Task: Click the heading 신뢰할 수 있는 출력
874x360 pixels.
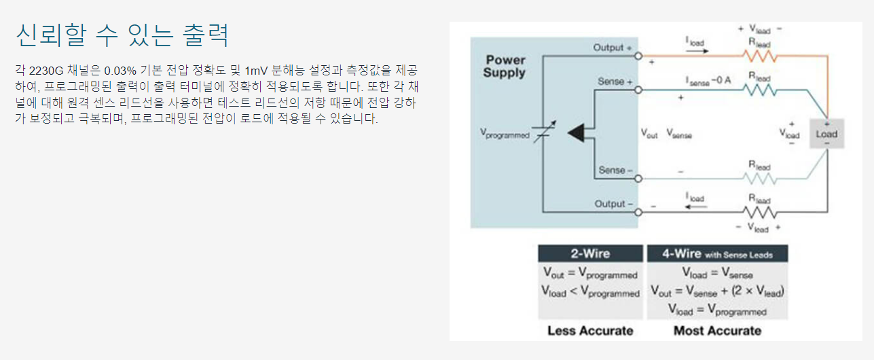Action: tap(122, 35)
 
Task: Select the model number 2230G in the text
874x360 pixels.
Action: tap(46, 71)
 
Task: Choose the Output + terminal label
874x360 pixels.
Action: tap(613, 48)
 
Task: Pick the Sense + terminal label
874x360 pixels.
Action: tap(615, 82)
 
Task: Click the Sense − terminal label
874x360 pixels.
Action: tap(615, 170)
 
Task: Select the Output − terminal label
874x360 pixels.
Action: tap(613, 204)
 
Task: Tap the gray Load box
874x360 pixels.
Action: tap(826, 134)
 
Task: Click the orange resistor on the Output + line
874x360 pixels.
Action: tap(759, 56)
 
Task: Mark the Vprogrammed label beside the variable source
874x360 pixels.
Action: tap(504, 134)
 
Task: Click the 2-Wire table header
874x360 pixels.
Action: tap(589, 254)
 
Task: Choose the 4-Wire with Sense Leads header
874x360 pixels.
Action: tap(716, 254)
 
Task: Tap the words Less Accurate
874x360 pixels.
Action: tap(590, 331)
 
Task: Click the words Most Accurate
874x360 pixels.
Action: tap(717, 331)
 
